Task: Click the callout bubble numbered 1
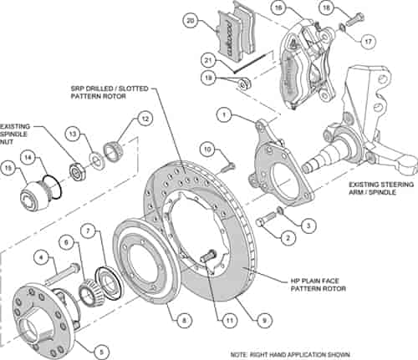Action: (x=223, y=113)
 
